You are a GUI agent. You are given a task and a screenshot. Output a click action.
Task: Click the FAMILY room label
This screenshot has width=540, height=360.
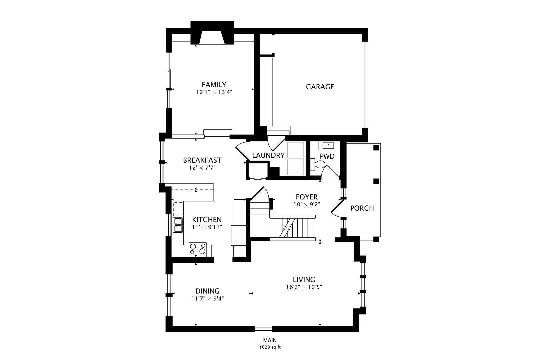(214, 85)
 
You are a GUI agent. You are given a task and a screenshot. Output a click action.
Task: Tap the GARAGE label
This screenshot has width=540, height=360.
(320, 87)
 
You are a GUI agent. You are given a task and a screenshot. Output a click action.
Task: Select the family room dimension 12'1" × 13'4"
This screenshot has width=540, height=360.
(214, 92)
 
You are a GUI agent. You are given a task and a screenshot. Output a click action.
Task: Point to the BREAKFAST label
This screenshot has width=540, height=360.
(202, 160)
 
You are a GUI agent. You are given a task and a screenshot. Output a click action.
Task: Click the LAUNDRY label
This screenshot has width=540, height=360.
(268, 155)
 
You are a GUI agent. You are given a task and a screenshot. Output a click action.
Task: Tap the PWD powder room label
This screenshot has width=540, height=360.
(327, 156)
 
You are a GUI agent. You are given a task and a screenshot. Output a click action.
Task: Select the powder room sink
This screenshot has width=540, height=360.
(328, 145)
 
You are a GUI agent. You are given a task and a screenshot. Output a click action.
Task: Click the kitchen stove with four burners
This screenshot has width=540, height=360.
(198, 249)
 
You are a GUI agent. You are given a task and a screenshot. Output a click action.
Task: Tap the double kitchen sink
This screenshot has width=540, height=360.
(178, 225)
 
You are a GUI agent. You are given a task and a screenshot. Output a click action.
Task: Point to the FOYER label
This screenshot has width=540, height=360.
(307, 197)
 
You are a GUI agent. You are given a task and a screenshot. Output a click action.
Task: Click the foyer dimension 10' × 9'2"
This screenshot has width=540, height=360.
(307, 205)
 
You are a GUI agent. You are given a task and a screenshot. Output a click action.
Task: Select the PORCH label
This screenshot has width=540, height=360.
(362, 208)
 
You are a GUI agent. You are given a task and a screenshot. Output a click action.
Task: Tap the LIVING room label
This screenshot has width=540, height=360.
(304, 279)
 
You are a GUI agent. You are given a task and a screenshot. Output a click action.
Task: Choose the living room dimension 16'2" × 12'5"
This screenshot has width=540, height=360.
(304, 287)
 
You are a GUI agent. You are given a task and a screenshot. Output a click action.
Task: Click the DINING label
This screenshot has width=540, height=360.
(207, 291)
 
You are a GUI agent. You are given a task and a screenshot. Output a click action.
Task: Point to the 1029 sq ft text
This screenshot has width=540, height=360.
(270, 347)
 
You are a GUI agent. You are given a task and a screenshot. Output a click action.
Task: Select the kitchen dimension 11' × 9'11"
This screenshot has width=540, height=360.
(207, 227)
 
